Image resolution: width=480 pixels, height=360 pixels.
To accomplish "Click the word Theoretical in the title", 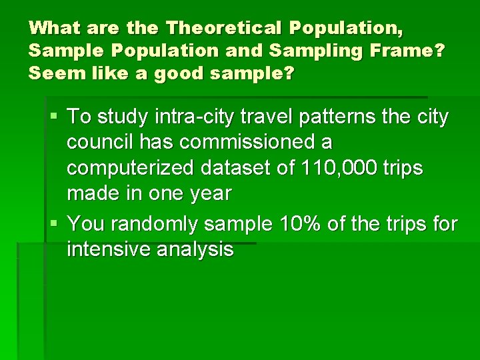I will tap(224, 28).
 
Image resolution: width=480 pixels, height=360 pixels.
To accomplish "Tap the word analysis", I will tap(201, 249).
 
